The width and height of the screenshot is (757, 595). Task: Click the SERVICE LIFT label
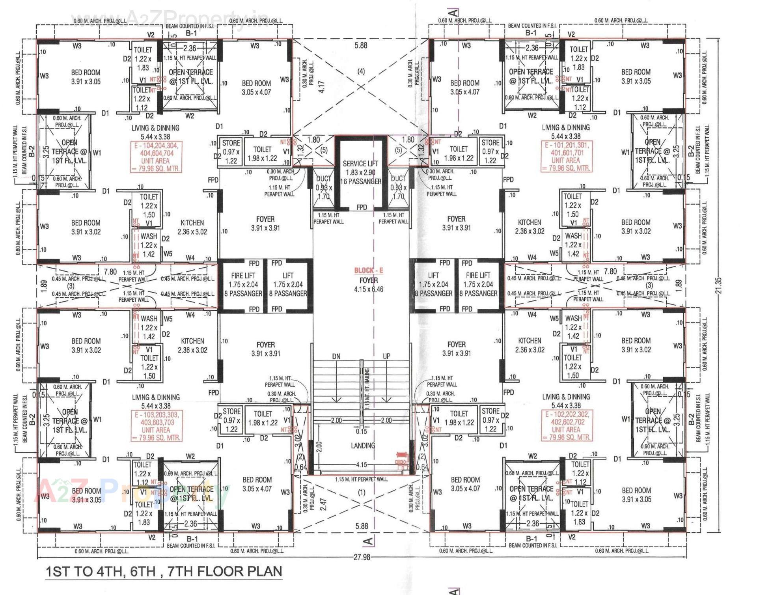click(360, 163)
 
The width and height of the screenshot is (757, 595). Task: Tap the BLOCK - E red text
click(368, 270)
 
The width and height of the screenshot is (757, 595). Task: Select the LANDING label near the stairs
click(363, 446)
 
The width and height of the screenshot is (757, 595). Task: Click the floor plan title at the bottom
click(164, 571)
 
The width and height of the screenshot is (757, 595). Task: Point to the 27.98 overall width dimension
click(362, 557)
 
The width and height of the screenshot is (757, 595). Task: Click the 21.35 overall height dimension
click(718, 285)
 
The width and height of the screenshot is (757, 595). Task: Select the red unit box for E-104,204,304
click(157, 157)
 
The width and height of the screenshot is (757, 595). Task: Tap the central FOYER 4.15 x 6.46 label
click(369, 285)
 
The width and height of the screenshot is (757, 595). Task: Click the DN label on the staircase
click(336, 356)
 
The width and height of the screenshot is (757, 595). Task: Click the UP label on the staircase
click(386, 356)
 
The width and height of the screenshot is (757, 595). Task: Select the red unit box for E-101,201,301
click(566, 157)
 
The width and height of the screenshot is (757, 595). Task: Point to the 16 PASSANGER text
click(360, 181)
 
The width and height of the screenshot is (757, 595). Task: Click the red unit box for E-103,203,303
click(156, 426)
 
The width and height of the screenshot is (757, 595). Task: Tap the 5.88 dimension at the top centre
click(361, 45)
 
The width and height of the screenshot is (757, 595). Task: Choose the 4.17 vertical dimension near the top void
click(322, 87)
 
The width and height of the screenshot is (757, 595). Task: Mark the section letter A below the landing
click(368, 541)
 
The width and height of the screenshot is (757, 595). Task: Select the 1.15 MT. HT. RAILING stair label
click(367, 389)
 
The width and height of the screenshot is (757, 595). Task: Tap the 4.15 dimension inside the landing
click(362, 464)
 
